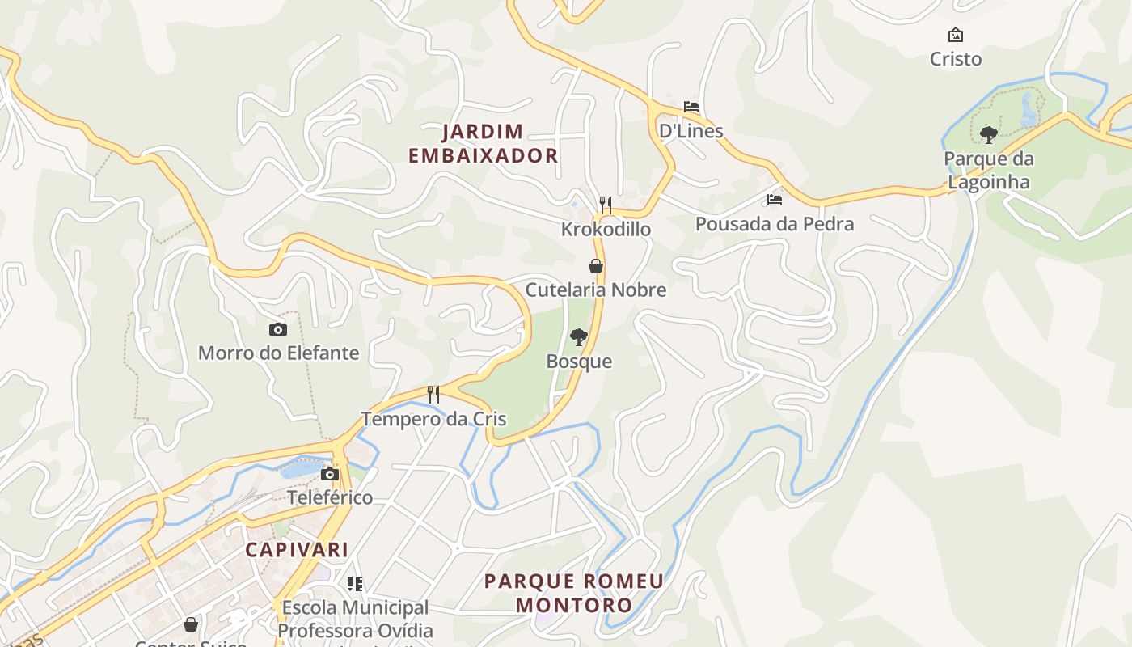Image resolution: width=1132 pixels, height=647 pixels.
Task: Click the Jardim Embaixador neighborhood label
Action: (x=483, y=144)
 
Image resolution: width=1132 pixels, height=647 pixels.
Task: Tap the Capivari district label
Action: (x=297, y=550)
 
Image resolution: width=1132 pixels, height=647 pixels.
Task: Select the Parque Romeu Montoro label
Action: (x=573, y=593)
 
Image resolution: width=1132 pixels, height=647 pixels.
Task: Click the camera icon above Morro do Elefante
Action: (x=277, y=329)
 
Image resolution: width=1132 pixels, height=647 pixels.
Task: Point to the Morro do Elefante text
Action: (x=278, y=353)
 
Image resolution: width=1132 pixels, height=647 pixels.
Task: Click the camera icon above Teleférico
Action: (x=330, y=474)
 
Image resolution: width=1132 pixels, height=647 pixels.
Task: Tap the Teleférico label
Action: (x=330, y=497)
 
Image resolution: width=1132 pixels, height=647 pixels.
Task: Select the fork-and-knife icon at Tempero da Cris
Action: (x=433, y=395)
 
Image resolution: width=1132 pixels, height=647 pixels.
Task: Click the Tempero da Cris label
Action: (x=433, y=419)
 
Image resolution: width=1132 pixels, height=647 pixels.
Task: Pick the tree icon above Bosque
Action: (x=578, y=337)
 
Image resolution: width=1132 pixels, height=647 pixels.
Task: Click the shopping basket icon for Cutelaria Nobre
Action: (x=596, y=266)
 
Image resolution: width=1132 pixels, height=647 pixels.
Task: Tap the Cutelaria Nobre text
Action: (x=596, y=290)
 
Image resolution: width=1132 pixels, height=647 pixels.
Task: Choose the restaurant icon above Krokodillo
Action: (x=605, y=205)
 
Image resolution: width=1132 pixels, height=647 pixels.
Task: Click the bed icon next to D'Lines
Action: (x=691, y=107)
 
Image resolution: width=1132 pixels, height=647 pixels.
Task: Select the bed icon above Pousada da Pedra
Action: (x=775, y=199)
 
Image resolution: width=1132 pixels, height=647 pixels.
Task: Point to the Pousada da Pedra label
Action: (x=775, y=224)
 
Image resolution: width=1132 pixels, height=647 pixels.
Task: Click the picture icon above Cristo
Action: (x=956, y=35)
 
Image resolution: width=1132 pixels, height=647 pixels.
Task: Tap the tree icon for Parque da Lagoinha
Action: (x=988, y=134)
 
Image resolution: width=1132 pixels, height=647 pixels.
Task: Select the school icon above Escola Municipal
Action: (x=354, y=583)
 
